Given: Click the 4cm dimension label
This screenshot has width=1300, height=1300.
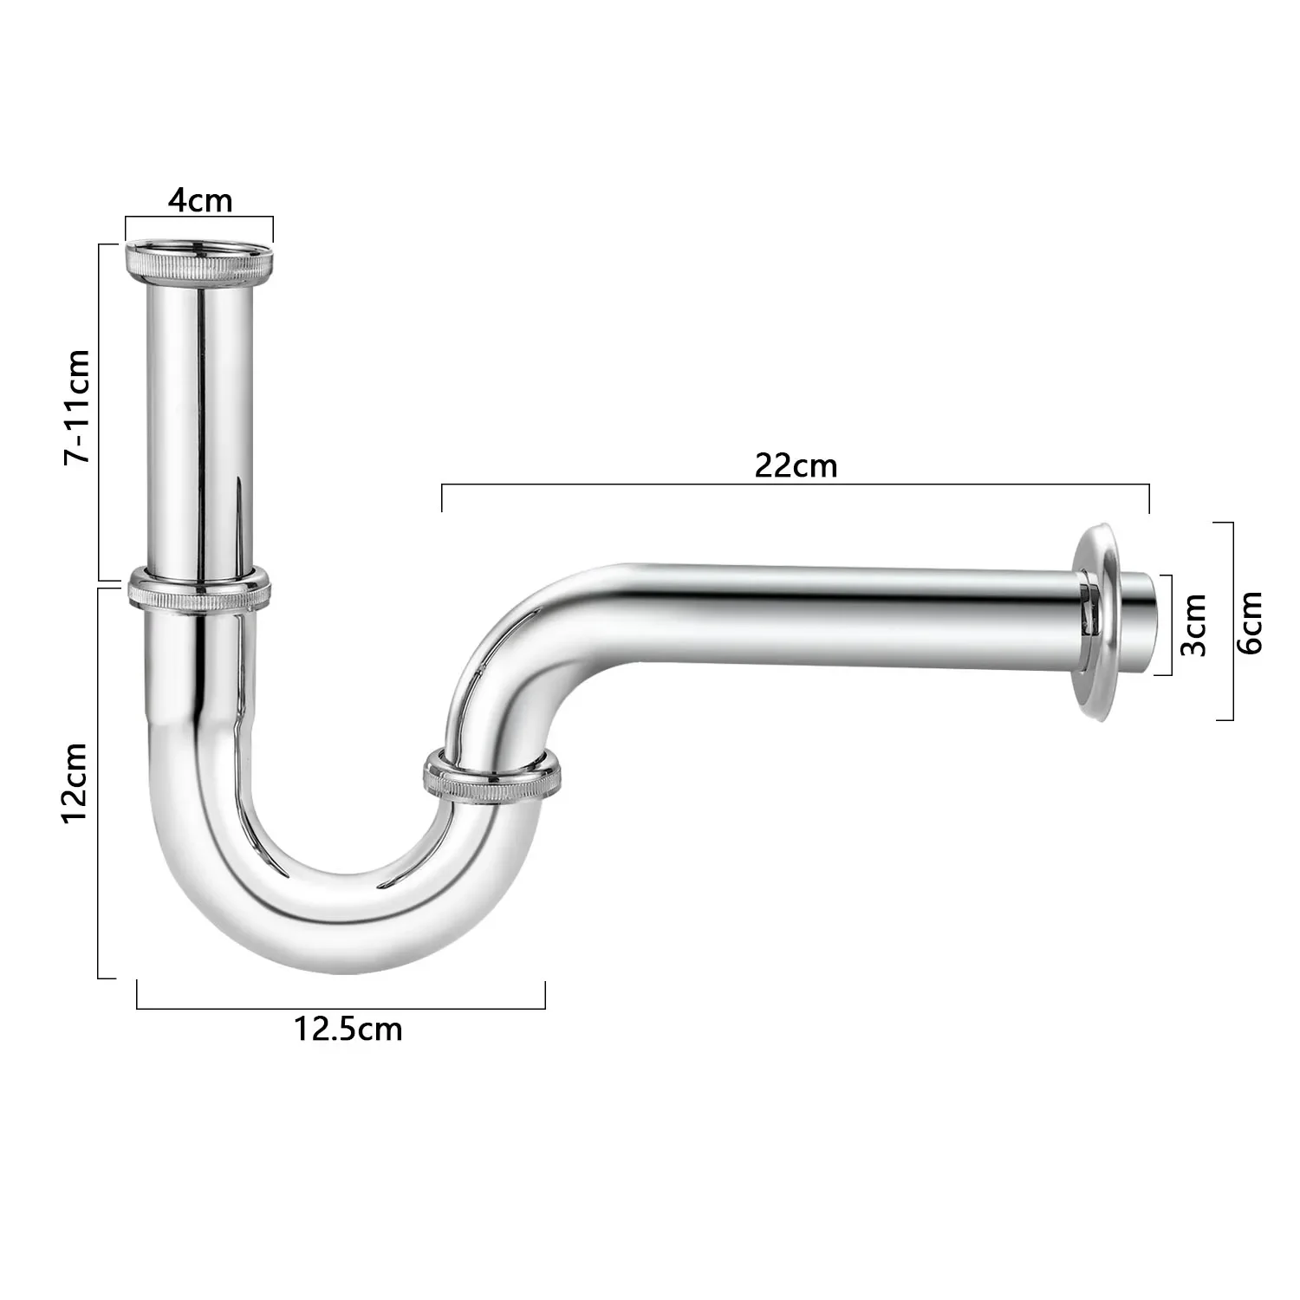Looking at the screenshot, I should [200, 200].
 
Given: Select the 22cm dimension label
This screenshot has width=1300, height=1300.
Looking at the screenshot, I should [796, 466].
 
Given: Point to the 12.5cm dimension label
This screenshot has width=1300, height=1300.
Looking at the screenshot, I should [348, 1030].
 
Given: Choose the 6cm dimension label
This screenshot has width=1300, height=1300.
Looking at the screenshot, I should [1250, 621].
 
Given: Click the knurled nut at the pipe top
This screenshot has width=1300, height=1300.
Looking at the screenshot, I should [199, 260].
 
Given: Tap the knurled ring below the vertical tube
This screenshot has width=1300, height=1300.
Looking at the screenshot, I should [198, 592].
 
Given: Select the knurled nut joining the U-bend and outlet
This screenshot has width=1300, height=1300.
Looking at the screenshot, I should [491, 777].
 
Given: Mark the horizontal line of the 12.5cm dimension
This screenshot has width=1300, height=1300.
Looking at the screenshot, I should [341, 1008].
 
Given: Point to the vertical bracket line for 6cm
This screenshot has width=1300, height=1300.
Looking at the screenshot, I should [1232, 621].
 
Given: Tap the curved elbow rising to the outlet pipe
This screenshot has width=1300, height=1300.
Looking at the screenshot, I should [520, 641].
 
